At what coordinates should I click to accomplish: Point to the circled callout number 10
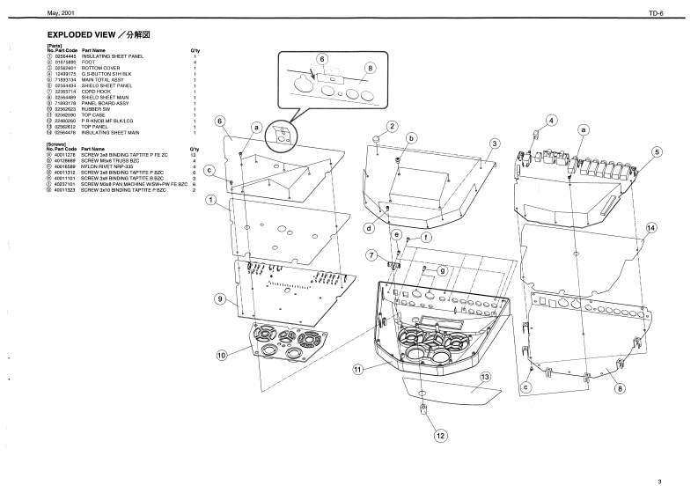[223, 356]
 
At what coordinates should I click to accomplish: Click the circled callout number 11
[358, 370]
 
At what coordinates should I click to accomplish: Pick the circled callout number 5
[657, 151]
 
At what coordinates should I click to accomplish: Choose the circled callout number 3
[496, 143]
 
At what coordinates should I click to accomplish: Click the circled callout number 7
[372, 254]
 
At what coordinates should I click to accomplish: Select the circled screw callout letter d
[369, 228]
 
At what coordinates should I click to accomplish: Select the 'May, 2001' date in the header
[44, 13]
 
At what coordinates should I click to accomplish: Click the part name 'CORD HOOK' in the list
[98, 91]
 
